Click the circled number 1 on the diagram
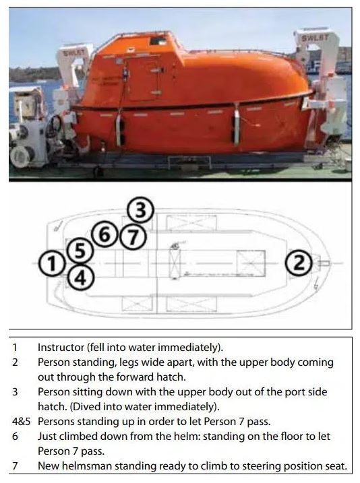pyautogui.click(x=53, y=263)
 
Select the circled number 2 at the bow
pyautogui.click(x=299, y=263)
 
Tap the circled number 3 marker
pyautogui.click(x=140, y=212)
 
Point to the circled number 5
pyautogui.click(x=80, y=250)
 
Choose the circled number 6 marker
pyautogui.click(x=104, y=235)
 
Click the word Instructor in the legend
pyautogui.click(x=61, y=347)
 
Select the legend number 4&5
pyautogui.click(x=22, y=422)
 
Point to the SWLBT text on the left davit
pyautogui.click(x=73, y=53)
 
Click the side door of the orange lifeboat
pyautogui.click(x=144, y=78)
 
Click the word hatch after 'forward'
pyautogui.click(x=170, y=377)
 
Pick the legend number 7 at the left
pyautogui.click(x=15, y=465)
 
